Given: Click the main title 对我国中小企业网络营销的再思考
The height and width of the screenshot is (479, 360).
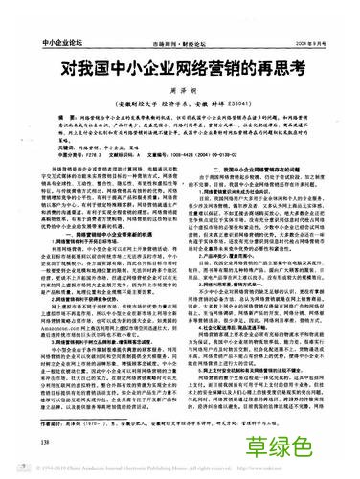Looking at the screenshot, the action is pos(179,43).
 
